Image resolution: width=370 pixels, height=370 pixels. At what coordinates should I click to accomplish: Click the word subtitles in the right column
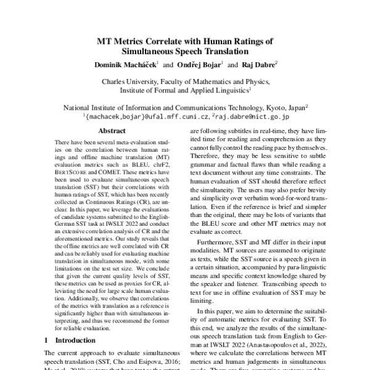click(x=247, y=131)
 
